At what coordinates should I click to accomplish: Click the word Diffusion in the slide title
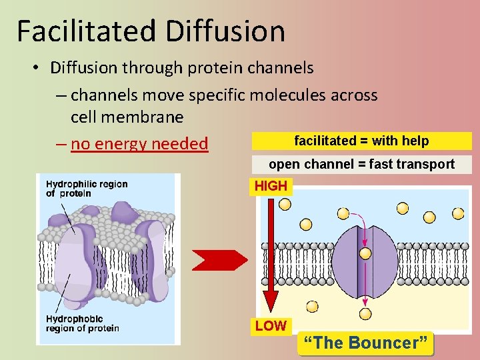click(x=227, y=31)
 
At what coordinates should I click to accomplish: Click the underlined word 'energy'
click(x=123, y=143)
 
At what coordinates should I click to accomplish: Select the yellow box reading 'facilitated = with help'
click(x=361, y=141)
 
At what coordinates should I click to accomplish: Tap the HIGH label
click(x=271, y=186)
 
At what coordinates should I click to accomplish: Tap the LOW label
click(x=270, y=326)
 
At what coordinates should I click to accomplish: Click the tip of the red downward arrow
click(x=271, y=311)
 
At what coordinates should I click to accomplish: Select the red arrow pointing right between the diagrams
click(x=219, y=259)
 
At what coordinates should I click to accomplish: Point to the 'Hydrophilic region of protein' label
click(x=87, y=189)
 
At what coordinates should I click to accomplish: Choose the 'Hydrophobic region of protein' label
click(x=82, y=323)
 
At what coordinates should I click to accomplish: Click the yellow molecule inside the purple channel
click(x=365, y=253)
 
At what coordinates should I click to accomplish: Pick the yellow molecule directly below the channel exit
click(x=365, y=313)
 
